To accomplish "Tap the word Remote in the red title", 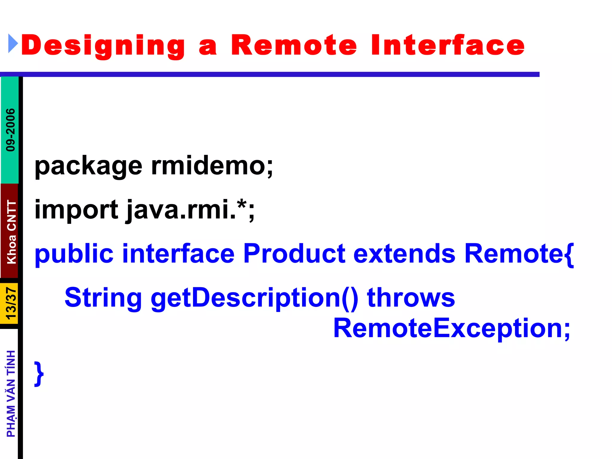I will click(x=294, y=45).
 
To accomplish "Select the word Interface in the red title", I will click(x=448, y=45).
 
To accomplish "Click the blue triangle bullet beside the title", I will click(x=13, y=44).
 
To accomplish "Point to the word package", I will click(x=88, y=166).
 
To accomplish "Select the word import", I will click(x=76, y=210).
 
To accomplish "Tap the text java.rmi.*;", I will click(x=190, y=210).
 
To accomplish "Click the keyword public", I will click(x=74, y=254).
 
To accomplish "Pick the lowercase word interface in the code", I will click(x=178, y=254).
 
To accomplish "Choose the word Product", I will click(x=294, y=253).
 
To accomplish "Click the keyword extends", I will click(x=404, y=254).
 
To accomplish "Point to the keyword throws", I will click(x=411, y=298).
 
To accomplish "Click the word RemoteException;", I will click(x=452, y=328).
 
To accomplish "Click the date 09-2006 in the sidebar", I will click(x=10, y=130).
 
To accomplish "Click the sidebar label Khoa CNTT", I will click(x=11, y=232).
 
